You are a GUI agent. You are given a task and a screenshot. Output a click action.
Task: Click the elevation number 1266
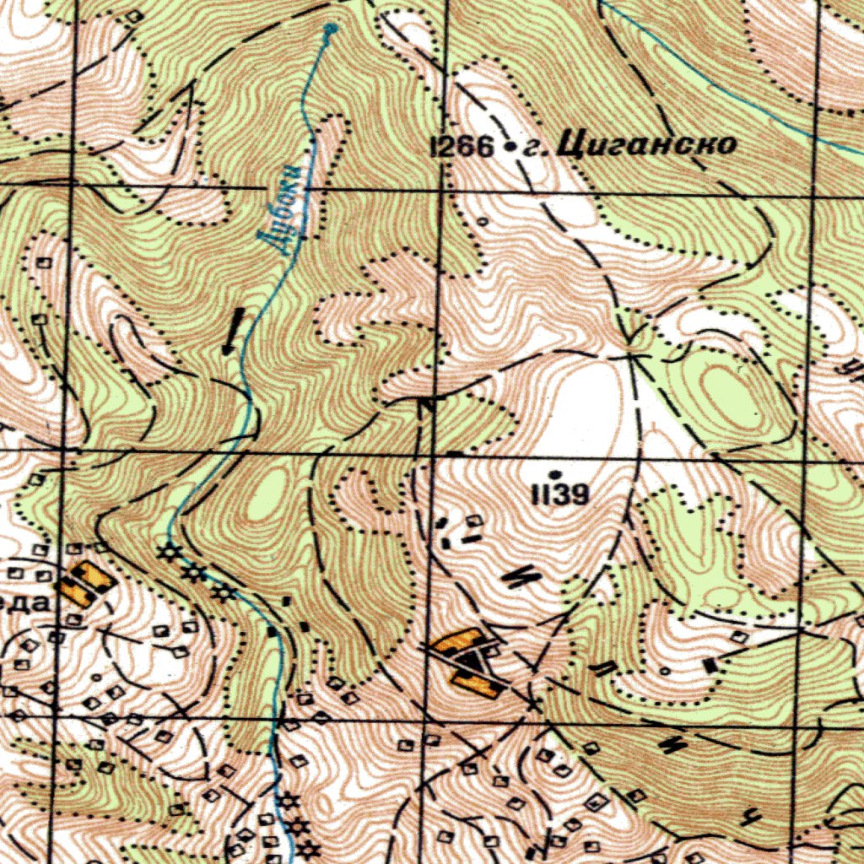click(462, 148)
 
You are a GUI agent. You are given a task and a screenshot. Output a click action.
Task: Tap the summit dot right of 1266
click(509, 148)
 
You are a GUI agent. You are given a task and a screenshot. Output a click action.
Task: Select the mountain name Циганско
click(645, 145)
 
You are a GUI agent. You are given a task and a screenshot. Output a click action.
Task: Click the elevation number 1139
click(559, 494)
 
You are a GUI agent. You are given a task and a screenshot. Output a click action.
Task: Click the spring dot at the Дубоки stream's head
click(329, 30)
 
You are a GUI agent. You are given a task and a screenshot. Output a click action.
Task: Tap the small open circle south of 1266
click(482, 222)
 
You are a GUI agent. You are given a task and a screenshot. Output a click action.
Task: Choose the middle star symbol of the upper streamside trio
click(196, 574)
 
